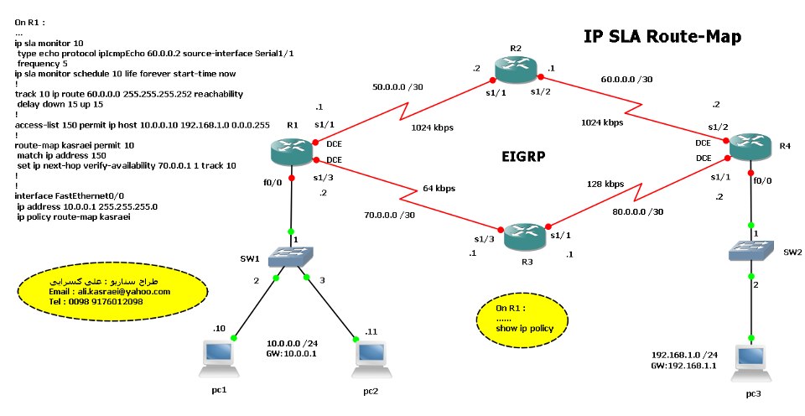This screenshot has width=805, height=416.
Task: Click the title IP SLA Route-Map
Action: click(662, 37)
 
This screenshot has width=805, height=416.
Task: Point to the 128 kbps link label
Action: click(605, 183)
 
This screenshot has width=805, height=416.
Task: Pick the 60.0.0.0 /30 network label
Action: click(627, 79)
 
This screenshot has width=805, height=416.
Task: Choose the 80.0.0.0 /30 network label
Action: click(638, 211)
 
